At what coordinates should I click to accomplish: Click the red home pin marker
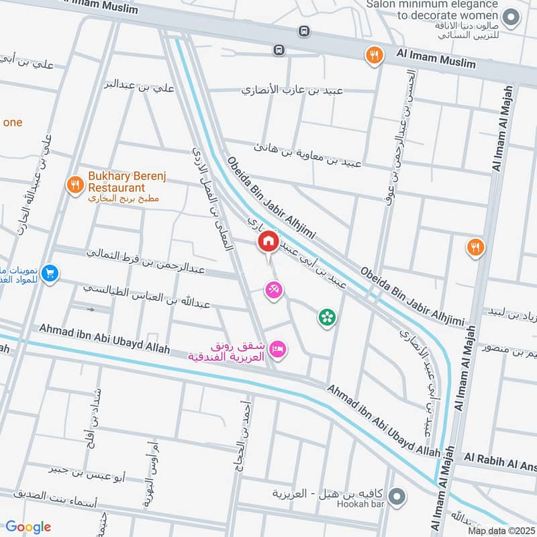pos(268,241)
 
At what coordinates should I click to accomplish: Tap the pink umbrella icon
pos(273,290)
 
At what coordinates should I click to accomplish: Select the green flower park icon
pos(327,318)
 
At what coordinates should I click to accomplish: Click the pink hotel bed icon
pos(279,348)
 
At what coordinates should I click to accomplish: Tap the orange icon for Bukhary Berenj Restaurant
pos(75,183)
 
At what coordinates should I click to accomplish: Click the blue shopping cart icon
pos(49,273)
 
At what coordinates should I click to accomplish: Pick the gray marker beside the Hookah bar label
pos(397,497)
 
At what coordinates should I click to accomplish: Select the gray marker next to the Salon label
pos(511,17)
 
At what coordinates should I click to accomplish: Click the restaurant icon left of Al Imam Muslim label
pos(374,55)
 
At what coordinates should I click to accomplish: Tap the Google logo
pos(28,527)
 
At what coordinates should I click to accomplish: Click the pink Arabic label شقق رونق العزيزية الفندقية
pos(230,352)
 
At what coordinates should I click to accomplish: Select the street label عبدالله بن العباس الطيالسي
pos(146,296)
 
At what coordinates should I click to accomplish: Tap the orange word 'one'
pos(13,122)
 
